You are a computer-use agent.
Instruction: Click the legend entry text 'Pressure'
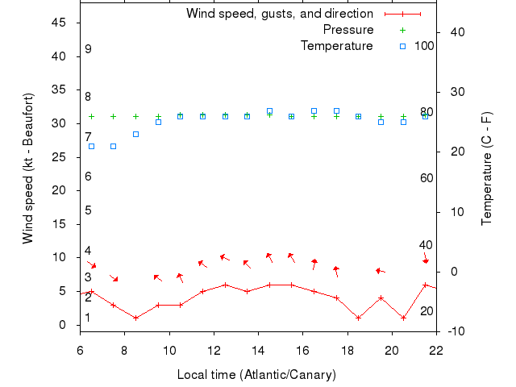(348, 30)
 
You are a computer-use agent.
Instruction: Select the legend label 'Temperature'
(337, 46)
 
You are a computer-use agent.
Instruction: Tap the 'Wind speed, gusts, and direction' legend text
(279, 14)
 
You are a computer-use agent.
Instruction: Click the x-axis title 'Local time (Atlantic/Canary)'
(256, 375)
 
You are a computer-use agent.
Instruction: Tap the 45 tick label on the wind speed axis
(59, 23)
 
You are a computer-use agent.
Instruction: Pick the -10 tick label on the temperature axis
(454, 331)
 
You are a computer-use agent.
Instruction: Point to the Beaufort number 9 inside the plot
(88, 49)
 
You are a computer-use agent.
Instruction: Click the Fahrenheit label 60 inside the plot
(427, 177)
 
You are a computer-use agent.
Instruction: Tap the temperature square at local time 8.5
(135, 134)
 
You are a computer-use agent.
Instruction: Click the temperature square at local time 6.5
(91, 146)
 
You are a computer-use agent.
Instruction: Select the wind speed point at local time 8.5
(135, 318)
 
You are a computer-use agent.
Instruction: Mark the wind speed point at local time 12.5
(225, 285)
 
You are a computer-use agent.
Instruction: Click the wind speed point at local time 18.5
(359, 318)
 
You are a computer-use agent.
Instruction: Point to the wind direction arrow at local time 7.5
(114, 278)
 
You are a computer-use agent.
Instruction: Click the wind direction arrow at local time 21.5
(426, 260)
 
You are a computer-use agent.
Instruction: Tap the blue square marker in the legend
(403, 46)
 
